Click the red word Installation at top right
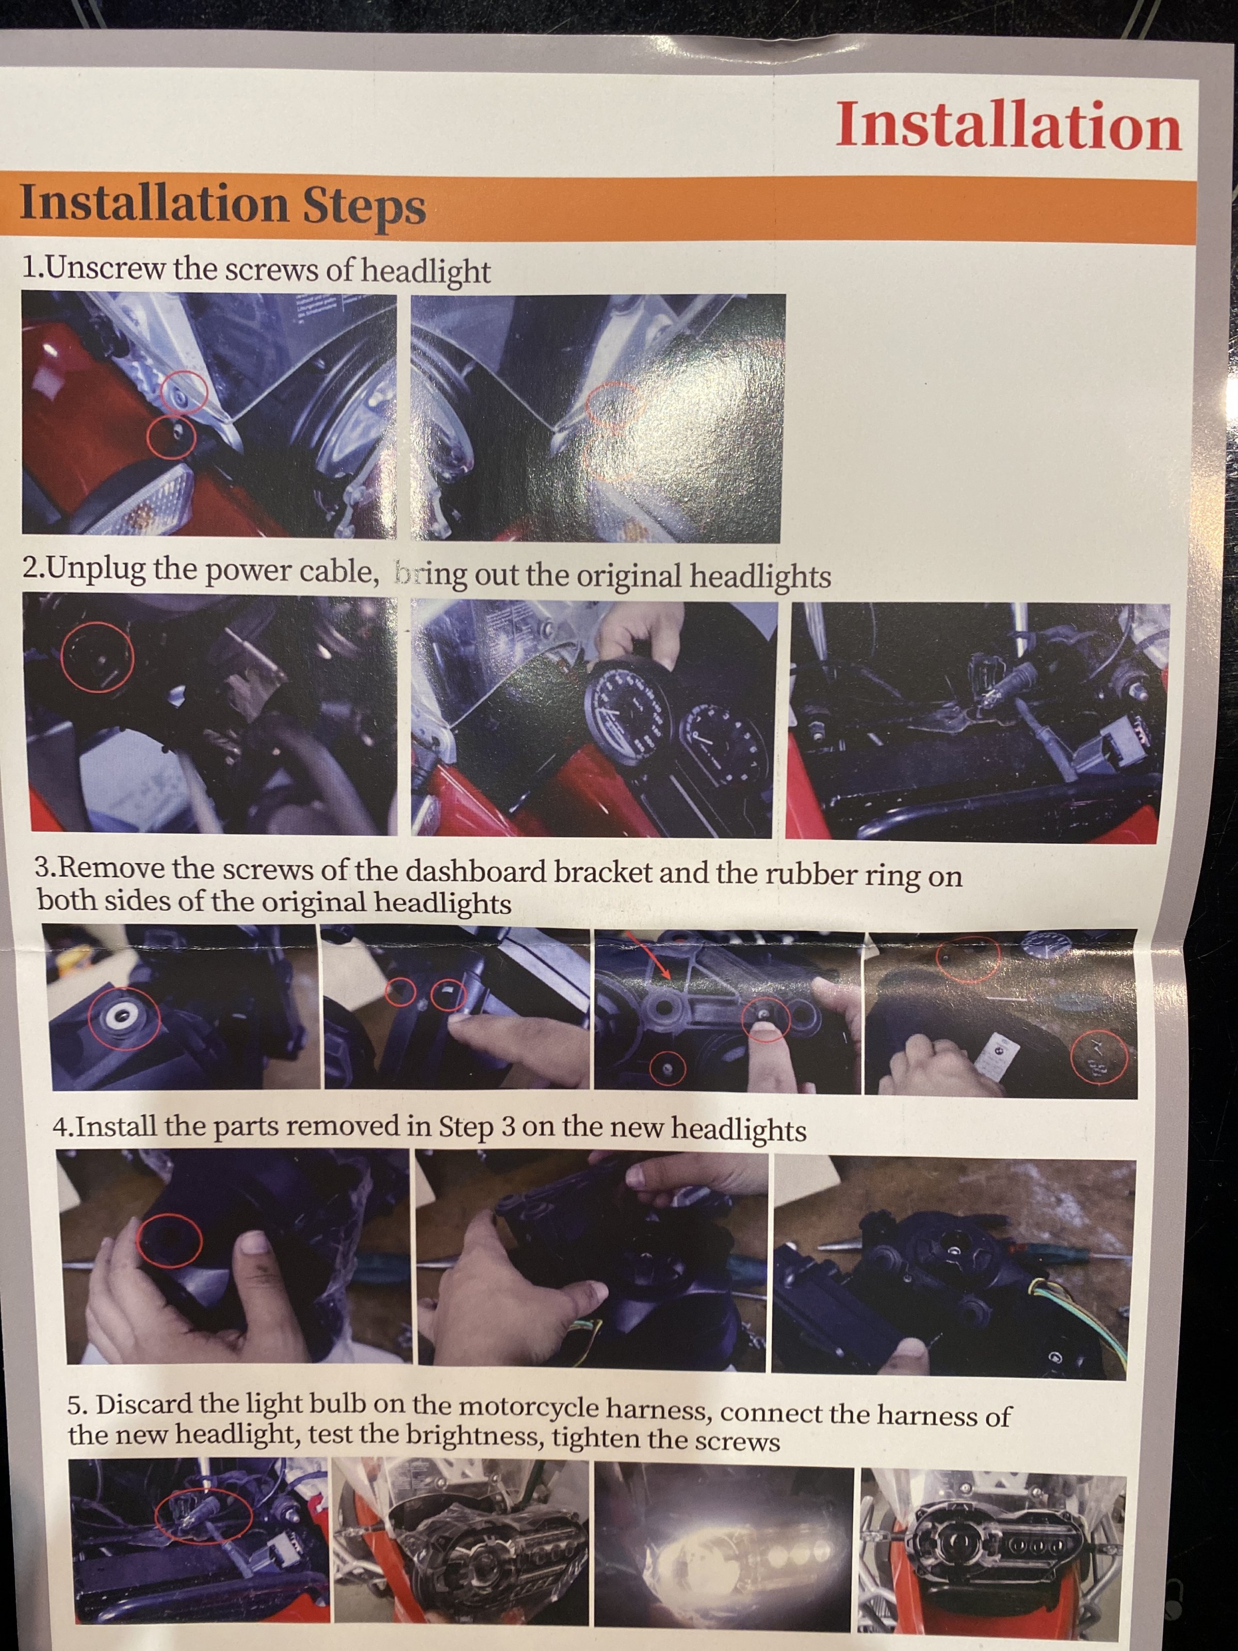(1008, 125)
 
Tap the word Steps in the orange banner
(364, 207)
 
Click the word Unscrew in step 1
(106, 267)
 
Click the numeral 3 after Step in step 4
(508, 1126)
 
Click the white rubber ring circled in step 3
(120, 1014)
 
